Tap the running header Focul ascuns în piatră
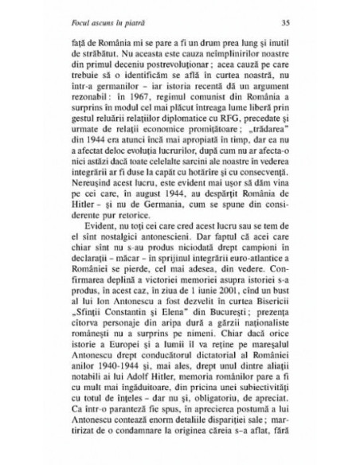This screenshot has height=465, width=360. click(108, 24)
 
